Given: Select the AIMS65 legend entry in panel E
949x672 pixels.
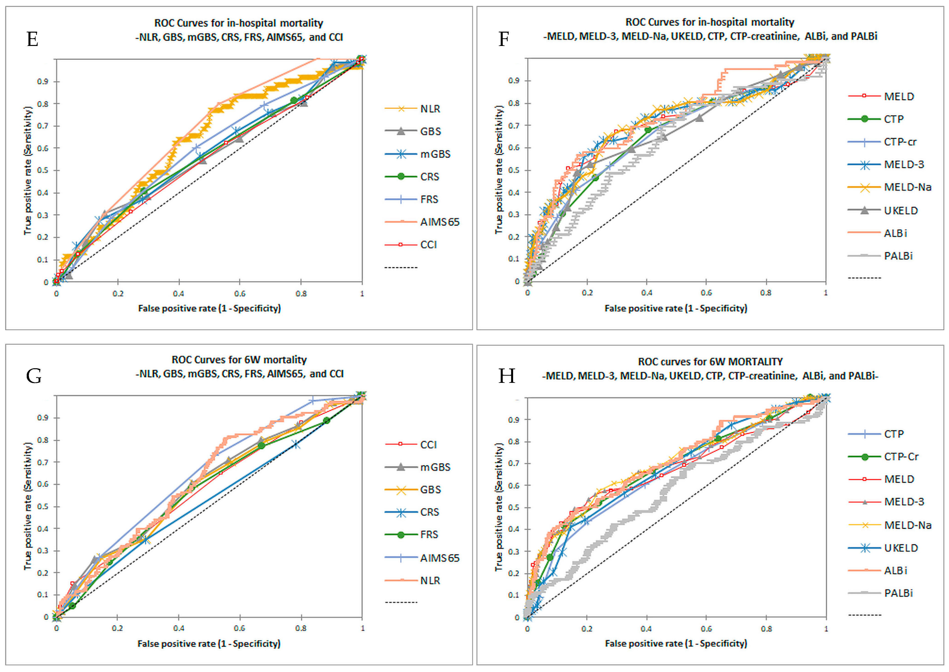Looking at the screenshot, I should [x=440, y=222].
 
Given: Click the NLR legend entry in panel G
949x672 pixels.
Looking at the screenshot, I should [x=430, y=581].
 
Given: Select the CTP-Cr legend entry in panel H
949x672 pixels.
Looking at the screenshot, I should [x=901, y=457].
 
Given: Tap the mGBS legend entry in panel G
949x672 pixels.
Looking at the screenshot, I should [x=435, y=467].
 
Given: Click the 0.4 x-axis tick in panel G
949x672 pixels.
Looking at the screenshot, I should [x=179, y=628].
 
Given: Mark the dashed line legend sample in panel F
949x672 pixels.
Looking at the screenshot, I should [x=864, y=278].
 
